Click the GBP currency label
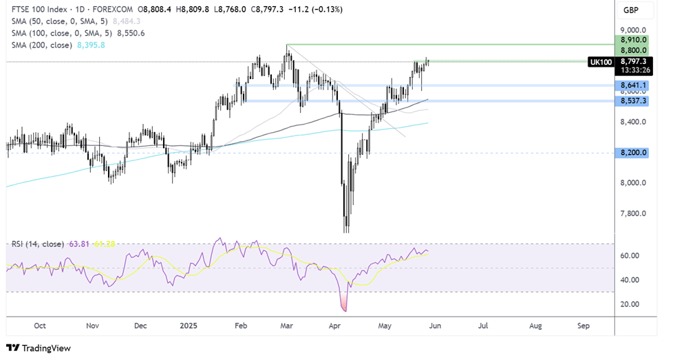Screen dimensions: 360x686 coord(632,10)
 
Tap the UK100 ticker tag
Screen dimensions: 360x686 coord(600,62)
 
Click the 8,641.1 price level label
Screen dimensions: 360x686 coord(633,85)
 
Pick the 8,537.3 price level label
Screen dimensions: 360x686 coord(633,100)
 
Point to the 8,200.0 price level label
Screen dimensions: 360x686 coord(633,152)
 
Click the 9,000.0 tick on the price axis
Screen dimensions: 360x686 coord(633,30)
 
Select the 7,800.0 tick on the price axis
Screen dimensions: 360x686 coord(633,213)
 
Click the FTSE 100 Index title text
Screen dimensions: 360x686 coord(35,10)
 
